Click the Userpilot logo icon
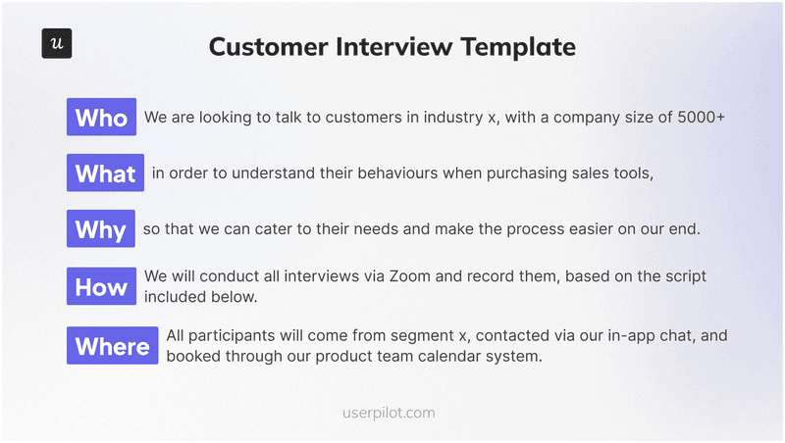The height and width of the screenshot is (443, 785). [57, 44]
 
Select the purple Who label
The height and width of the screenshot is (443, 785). [101, 118]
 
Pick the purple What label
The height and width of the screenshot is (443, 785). [105, 173]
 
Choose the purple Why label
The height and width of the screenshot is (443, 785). [100, 230]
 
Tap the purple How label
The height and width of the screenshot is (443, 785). [101, 287]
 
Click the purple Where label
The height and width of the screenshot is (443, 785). [112, 346]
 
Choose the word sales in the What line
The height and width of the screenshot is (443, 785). [589, 173]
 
